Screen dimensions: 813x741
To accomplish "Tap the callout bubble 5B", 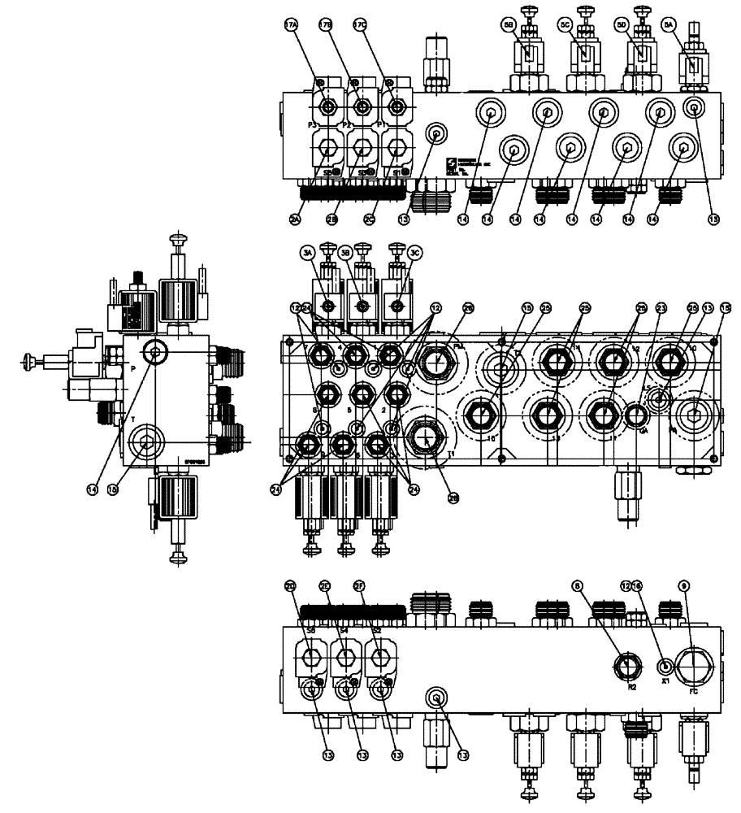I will coord(508,26).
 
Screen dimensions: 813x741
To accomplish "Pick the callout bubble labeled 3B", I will coord(358,254).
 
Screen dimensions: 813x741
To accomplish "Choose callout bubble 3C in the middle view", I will coord(394,254).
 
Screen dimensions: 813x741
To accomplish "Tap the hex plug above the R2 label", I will coord(626,665).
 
